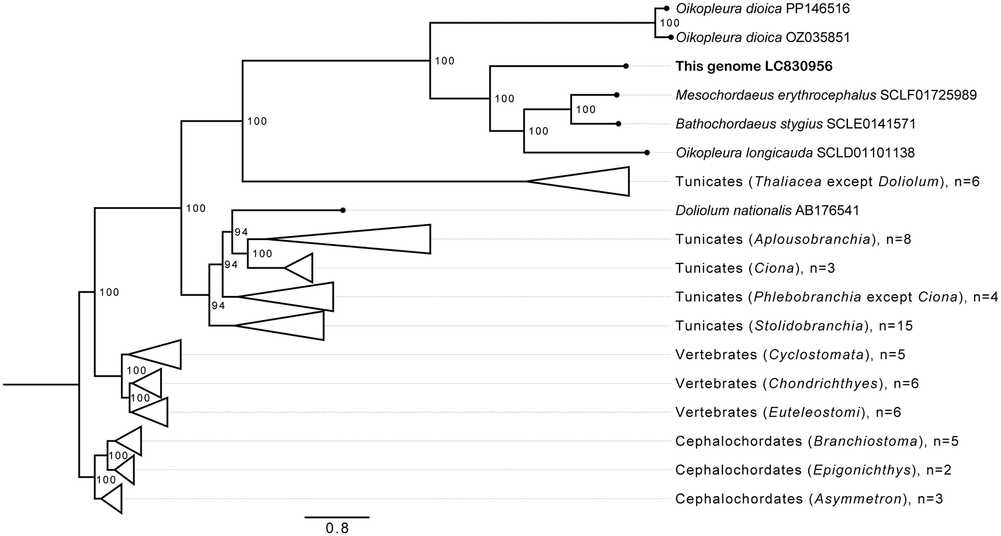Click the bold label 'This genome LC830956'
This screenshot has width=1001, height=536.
click(754, 67)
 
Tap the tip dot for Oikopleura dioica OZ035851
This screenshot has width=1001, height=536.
click(670, 37)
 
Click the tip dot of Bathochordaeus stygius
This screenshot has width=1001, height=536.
click(618, 124)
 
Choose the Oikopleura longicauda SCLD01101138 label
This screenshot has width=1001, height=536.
click(795, 153)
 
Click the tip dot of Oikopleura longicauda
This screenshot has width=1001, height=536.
click(647, 152)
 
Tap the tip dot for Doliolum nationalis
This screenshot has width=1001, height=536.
click(343, 210)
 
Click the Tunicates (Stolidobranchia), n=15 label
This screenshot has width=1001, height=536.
click(794, 326)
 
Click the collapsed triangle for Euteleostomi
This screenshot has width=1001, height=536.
click(154, 412)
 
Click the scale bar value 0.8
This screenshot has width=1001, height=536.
click(337, 528)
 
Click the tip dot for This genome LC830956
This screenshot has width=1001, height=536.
click(626, 67)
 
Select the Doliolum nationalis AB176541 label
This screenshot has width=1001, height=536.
click(767, 210)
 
